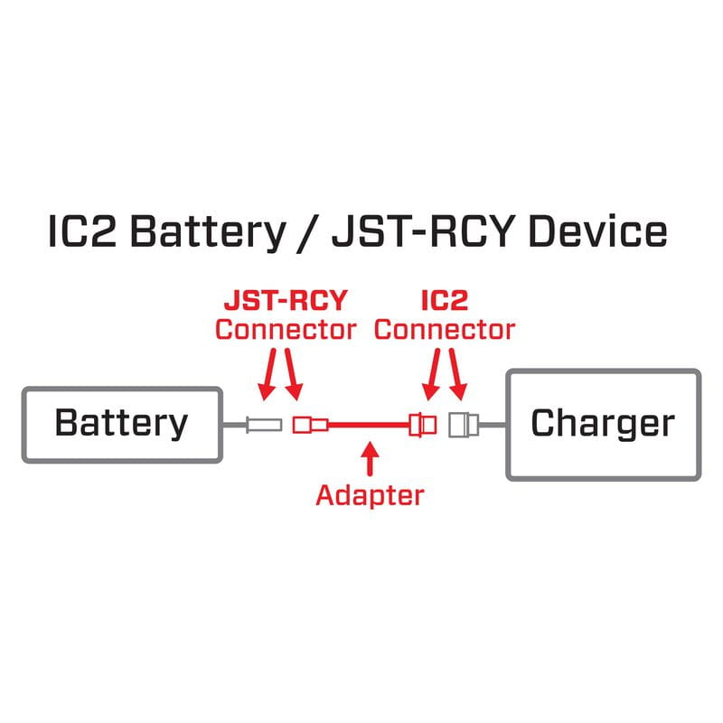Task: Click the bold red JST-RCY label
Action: (x=285, y=301)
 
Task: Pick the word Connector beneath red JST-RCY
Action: (x=285, y=329)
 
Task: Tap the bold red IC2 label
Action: (x=444, y=301)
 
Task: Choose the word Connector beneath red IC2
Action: (x=444, y=329)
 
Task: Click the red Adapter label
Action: (x=369, y=494)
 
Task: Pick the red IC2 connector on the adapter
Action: (x=422, y=423)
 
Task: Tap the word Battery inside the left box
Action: (x=121, y=423)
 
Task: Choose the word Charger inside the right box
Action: (x=602, y=423)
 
